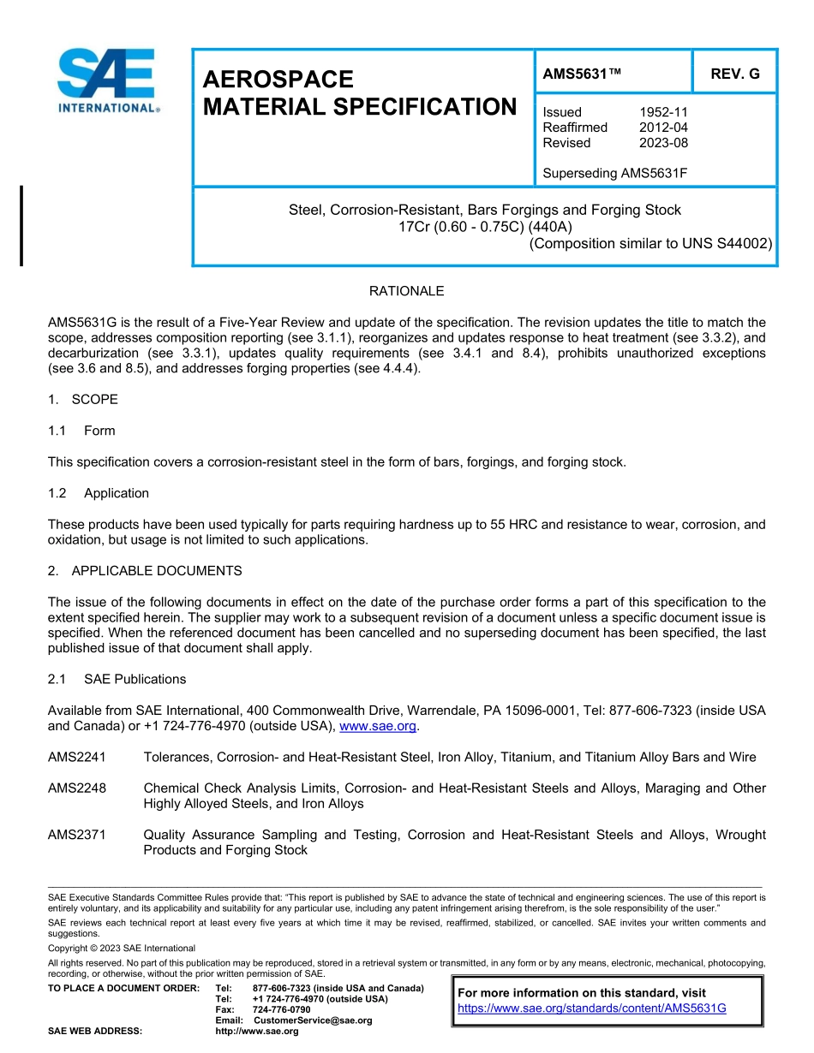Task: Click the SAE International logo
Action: point(107,81)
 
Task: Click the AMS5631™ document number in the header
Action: point(582,74)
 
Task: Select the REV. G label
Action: point(734,74)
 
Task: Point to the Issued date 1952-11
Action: point(663,112)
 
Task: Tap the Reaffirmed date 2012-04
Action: point(663,128)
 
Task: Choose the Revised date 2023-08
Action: point(663,143)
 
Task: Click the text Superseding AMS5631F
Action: point(615,174)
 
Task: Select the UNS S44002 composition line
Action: point(650,243)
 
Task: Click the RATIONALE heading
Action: point(406,291)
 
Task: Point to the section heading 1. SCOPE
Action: point(83,400)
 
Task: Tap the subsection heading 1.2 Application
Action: point(99,493)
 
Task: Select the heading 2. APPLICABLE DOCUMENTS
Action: point(145,571)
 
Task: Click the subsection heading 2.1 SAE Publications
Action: point(117,680)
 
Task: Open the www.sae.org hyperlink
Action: point(378,727)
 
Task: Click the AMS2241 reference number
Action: point(77,757)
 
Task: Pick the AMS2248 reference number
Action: point(77,788)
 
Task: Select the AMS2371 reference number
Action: point(77,835)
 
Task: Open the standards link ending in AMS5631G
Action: point(591,1008)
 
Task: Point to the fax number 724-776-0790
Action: point(283,1010)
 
